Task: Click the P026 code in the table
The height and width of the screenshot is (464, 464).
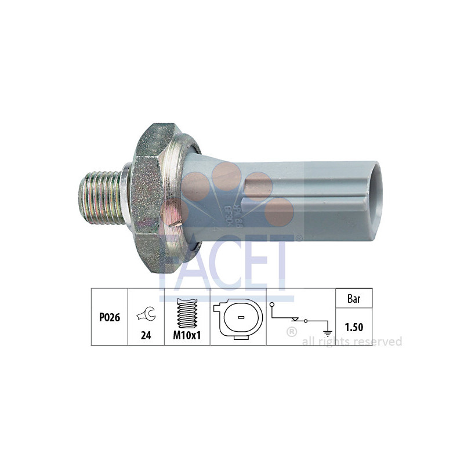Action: tap(109, 318)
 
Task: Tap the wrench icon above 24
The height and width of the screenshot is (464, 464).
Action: tap(146, 314)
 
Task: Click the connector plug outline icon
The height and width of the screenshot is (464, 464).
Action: tap(238, 318)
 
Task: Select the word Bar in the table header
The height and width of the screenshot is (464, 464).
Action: tap(354, 299)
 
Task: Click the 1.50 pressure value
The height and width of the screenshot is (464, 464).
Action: tap(354, 328)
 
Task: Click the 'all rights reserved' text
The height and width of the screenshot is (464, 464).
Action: tap(351, 342)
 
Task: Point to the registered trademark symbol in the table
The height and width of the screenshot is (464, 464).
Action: tap(292, 332)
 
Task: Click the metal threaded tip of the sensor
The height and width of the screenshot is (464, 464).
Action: tap(101, 196)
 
